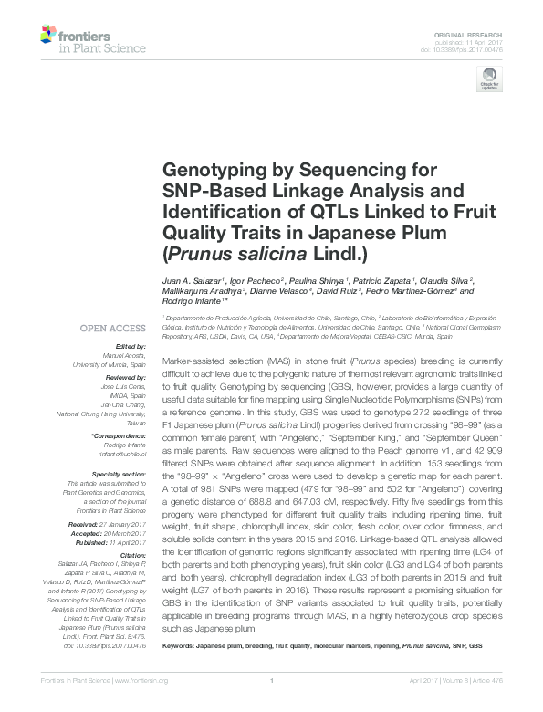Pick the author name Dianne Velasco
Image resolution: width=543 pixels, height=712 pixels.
coord(283,291)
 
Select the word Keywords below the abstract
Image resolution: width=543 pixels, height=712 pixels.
coord(181,645)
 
